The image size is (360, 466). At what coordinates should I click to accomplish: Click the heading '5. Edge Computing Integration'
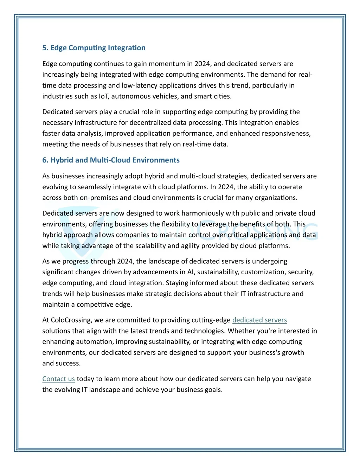pyautogui.click(x=94, y=48)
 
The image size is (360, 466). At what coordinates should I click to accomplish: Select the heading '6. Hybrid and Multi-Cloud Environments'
pyautogui.click(x=111, y=160)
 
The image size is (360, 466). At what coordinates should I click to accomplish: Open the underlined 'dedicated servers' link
pyautogui.click(x=259, y=320)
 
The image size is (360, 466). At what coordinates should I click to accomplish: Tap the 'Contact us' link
pyautogui.click(x=58, y=379)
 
